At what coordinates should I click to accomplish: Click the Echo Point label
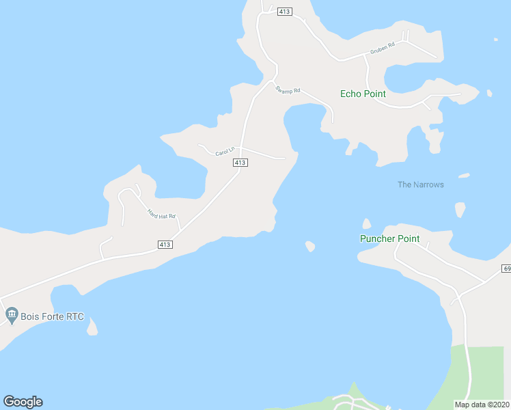pos(363,94)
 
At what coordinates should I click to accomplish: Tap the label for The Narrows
pos(421,184)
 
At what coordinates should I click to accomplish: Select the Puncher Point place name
pos(389,238)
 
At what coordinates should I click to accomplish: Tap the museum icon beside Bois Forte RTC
pos(11,315)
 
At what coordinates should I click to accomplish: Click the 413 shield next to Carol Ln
pos(239,163)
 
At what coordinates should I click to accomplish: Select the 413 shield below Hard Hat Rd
pos(165,244)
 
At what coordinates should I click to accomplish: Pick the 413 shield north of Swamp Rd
pos(286,12)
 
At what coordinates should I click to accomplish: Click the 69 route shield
pos(506,269)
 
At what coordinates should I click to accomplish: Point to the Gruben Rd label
pos(383,50)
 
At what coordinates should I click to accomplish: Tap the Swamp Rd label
pos(288,90)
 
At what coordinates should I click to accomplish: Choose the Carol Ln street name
pos(225,151)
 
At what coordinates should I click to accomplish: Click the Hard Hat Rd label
pos(162,214)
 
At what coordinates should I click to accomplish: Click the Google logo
pos(23,402)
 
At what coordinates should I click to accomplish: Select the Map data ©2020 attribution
pos(482,405)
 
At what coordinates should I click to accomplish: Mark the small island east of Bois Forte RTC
pos(92,329)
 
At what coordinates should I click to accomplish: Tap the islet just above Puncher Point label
pos(366,223)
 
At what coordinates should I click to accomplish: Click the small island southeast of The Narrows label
pos(460,209)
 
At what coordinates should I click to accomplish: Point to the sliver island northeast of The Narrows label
pos(464,176)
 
